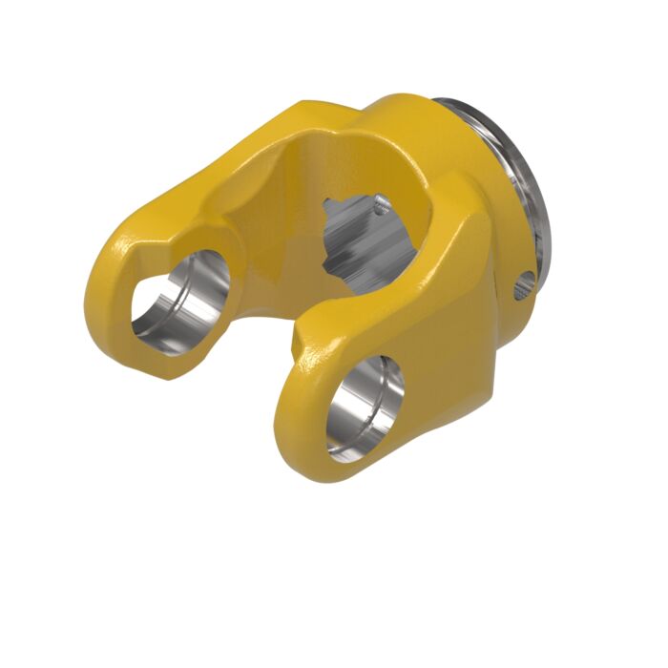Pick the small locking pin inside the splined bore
pyautogui.click(x=381, y=201)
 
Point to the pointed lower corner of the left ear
pyautogui.click(x=172, y=376)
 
